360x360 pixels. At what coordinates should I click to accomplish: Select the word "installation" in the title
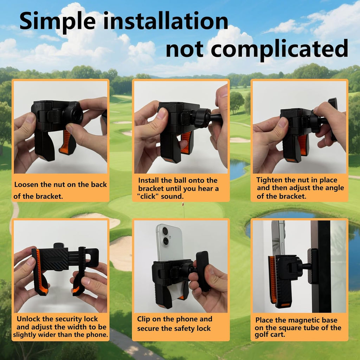pos(166,21)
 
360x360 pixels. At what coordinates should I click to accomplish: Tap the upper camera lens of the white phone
pos(165,231)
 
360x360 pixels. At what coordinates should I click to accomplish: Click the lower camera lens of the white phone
pos(165,241)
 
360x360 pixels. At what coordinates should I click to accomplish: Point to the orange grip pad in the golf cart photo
pos(273,279)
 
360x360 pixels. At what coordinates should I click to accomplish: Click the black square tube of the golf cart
pos(324,266)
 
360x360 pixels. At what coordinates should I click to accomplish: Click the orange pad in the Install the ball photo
pos(186,143)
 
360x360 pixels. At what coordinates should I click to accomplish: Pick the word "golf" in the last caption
pos(261,335)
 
